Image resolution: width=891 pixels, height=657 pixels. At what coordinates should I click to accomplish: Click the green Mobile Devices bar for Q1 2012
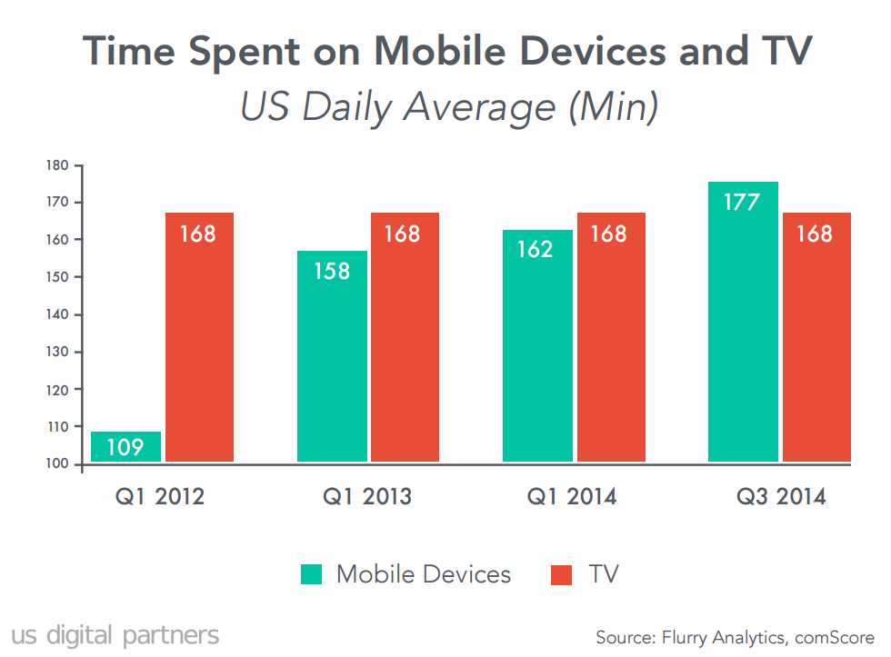tap(126, 447)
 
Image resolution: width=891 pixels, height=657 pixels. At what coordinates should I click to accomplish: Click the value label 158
tap(332, 271)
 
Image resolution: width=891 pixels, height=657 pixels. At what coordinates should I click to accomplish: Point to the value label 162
tap(536, 249)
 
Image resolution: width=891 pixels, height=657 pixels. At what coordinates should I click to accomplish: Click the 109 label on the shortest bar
tap(125, 448)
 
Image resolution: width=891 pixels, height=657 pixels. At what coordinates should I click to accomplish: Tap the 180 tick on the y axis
tap(57, 165)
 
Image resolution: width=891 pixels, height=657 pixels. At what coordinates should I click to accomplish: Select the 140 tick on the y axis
tap(57, 314)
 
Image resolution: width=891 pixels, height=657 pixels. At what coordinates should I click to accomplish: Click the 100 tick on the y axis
tap(57, 464)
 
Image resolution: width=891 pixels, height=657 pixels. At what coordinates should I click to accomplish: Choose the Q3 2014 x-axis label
tap(780, 497)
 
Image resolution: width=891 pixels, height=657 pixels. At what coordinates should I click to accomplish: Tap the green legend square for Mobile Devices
tap(312, 574)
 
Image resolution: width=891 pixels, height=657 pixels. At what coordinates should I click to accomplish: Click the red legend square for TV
tap(562, 574)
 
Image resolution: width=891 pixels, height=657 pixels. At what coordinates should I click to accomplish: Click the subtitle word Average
tap(478, 107)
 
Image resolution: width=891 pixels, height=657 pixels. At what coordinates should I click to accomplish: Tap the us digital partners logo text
tap(115, 634)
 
